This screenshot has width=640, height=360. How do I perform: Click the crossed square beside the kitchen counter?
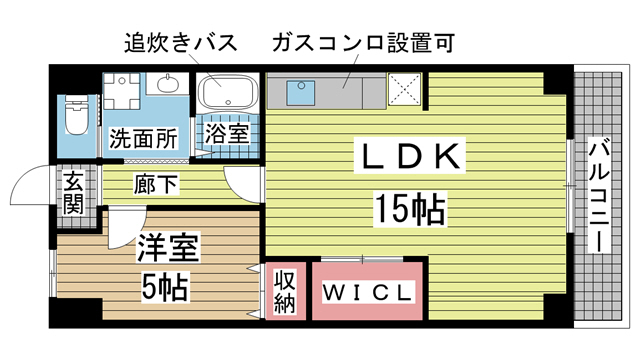click(x=405, y=91)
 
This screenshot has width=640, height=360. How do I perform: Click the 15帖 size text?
click(x=410, y=209)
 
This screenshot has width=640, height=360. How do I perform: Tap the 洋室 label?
click(x=167, y=247)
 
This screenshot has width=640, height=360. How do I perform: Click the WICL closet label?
click(x=367, y=293)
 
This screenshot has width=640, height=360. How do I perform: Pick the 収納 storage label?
click(x=285, y=290)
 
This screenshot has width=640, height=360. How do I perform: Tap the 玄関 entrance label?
click(x=74, y=192)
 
